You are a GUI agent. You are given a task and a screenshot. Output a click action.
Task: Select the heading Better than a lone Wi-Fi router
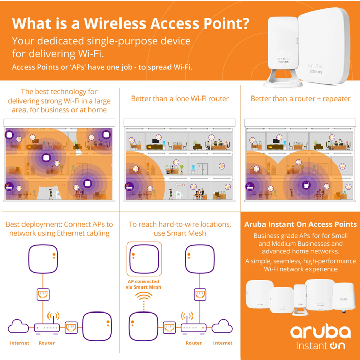pos(180,99)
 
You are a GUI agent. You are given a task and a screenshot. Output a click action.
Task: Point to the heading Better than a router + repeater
pos(300,99)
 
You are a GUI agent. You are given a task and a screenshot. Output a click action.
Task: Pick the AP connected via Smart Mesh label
pos(143,284)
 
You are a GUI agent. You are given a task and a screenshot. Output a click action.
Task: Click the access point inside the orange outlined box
pos(143,259)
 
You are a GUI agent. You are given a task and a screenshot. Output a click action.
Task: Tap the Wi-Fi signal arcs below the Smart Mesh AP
pos(143,303)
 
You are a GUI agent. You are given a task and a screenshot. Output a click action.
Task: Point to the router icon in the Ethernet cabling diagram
pos(47,327)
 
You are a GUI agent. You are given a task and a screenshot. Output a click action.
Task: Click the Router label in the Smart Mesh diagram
pos(194,343)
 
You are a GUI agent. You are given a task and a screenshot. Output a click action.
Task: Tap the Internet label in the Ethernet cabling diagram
pos(19,343)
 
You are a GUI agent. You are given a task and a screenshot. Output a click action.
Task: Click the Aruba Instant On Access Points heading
pos(300,224)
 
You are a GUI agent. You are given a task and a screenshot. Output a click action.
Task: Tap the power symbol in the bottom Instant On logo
pos(334,346)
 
